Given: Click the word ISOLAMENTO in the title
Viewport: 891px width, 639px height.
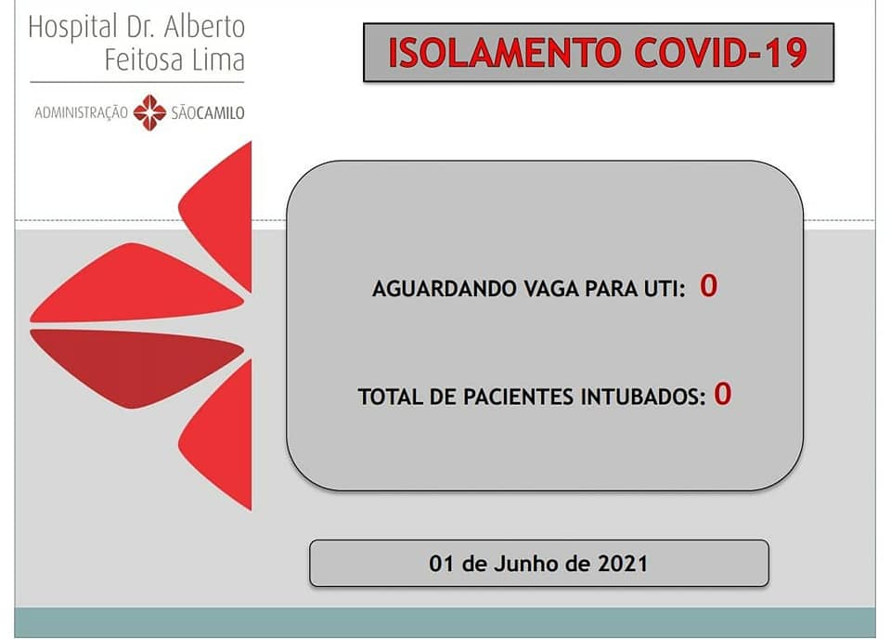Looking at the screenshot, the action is (505, 53).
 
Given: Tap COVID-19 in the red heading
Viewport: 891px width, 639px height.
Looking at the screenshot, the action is (720, 53).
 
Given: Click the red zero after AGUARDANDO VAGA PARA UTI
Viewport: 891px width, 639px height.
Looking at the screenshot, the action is (708, 285).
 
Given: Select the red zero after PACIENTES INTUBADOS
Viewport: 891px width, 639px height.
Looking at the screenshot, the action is (723, 394).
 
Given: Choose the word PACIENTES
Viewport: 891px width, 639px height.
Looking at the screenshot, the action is (518, 397).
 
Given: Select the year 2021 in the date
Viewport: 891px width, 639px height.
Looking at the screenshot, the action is (623, 564).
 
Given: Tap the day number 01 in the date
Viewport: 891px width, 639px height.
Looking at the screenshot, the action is (442, 564).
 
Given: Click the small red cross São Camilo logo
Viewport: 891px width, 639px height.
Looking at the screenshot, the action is (150, 112).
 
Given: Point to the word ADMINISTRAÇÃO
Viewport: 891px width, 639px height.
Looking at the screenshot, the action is (82, 112).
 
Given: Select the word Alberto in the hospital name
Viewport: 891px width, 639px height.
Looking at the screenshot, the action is (204, 27).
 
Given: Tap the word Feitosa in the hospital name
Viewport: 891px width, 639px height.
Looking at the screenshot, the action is (145, 59).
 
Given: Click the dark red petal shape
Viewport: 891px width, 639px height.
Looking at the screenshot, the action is (136, 367).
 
